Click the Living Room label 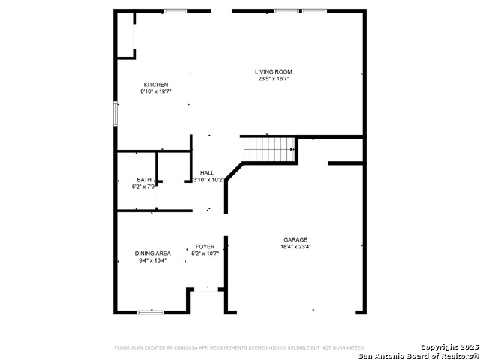[273, 72]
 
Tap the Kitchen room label [156, 85]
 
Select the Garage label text [295, 239]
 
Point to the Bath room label [143, 180]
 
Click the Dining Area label [152, 253]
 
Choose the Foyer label [205, 246]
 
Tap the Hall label [207, 173]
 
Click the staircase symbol [269, 149]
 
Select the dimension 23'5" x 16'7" [274, 79]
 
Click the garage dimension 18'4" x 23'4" [295, 246]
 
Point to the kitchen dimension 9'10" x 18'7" [156, 91]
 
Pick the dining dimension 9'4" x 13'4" [151, 261]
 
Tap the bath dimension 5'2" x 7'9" [143, 186]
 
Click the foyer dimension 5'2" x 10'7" [205, 253]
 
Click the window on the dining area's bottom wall [151, 311]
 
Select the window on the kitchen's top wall [175, 10]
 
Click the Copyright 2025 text [448, 346]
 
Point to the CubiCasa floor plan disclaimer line [239, 348]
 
